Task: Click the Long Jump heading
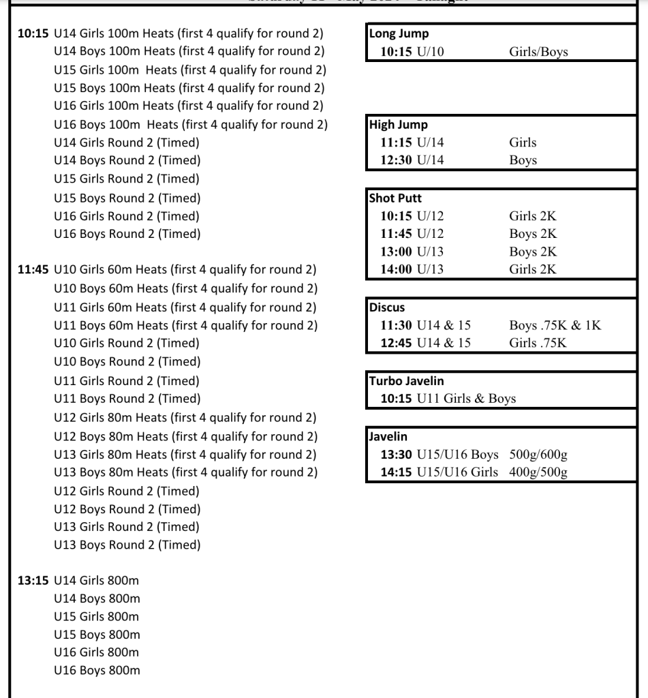[x=399, y=33]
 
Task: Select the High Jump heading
[x=399, y=125]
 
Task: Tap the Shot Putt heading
[x=395, y=198]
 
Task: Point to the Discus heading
[x=387, y=307]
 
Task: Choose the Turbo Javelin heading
[x=406, y=381]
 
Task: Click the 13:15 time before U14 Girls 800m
[x=33, y=581]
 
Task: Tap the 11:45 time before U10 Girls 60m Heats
[x=33, y=270]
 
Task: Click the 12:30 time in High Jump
[x=396, y=161]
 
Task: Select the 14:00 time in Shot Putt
[x=396, y=269]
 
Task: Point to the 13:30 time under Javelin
[x=396, y=455]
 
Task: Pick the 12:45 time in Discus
[x=396, y=343]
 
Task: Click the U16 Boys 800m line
[x=97, y=670]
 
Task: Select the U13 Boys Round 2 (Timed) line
[x=127, y=545]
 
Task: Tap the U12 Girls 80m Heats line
[x=185, y=417]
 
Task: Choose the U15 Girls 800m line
[x=96, y=616]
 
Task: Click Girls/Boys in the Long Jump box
[x=538, y=52]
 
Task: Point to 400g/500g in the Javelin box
[x=538, y=472]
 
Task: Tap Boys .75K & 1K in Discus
[x=555, y=325]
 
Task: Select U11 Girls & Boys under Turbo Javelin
[x=466, y=399]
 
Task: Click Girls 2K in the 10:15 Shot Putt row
[x=532, y=216]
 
